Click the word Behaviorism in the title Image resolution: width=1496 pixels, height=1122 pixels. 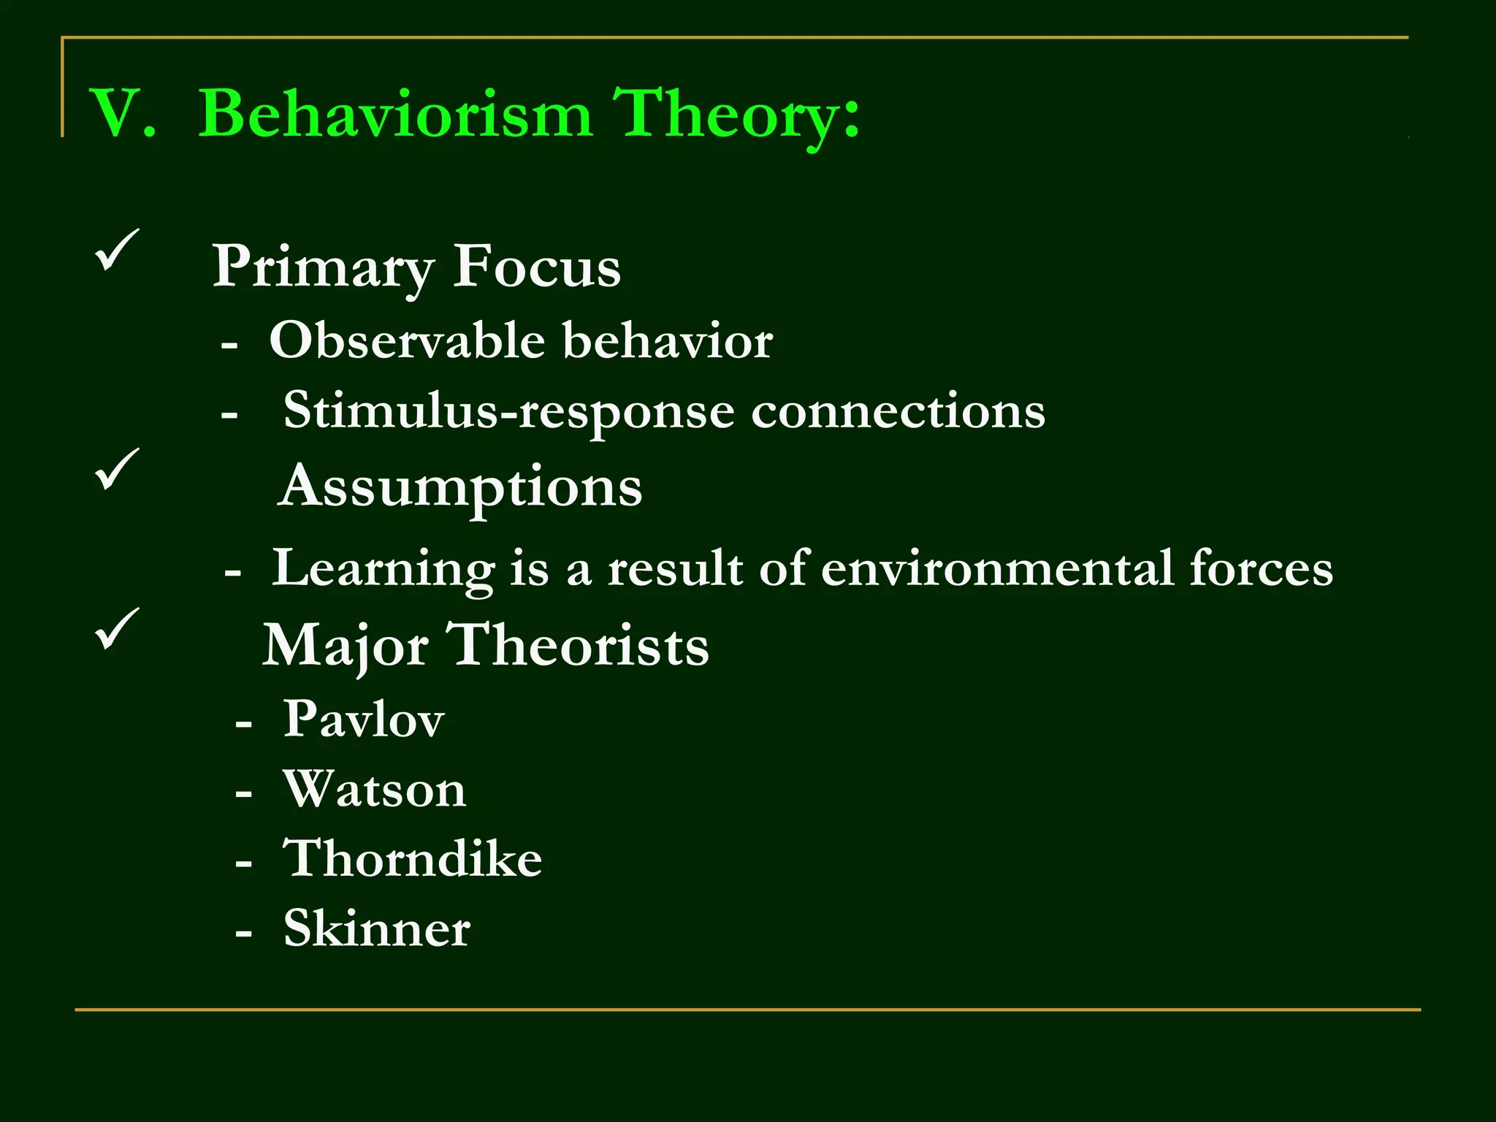point(394,113)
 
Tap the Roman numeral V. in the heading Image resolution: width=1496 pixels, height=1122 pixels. point(122,113)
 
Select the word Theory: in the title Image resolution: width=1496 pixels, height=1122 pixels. point(736,113)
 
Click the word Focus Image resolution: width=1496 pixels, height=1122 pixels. point(537,267)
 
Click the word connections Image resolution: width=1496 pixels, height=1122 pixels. point(898,411)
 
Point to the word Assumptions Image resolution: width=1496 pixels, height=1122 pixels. point(460,487)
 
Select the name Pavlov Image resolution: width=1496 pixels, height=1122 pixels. point(363,719)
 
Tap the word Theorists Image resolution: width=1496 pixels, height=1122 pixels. point(577,646)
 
